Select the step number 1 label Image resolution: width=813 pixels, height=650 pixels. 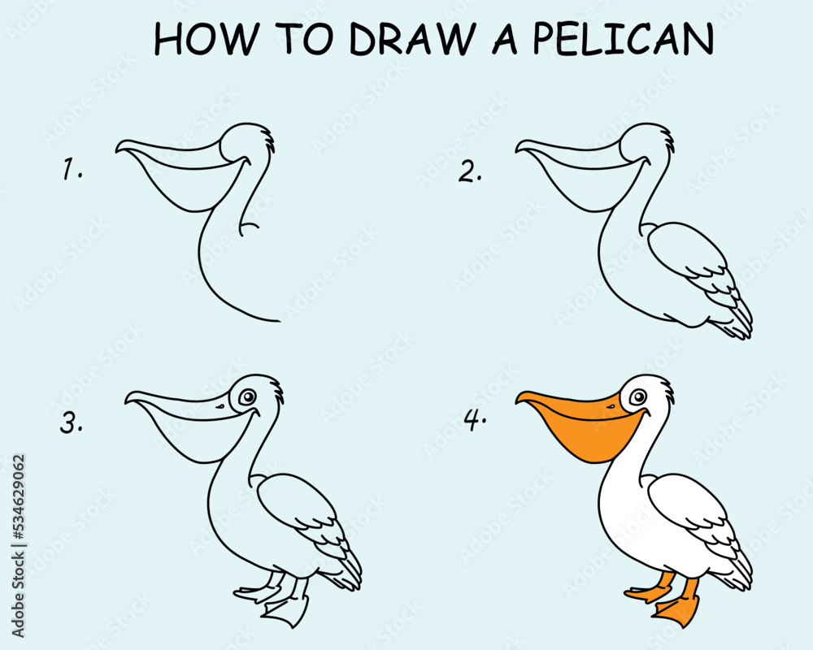(73, 171)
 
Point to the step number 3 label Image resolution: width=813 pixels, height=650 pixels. (72, 423)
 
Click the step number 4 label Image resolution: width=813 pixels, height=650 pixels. (475, 420)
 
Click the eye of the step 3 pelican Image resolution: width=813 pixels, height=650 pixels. (247, 396)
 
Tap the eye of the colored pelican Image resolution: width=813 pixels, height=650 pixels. (638, 396)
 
